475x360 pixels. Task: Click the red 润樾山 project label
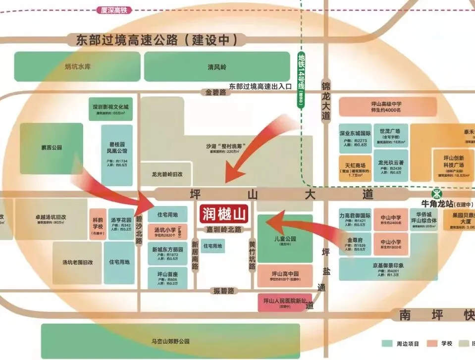pos(225,214)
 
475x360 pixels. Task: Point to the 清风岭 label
pos(217,67)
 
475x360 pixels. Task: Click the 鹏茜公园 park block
pos(51,148)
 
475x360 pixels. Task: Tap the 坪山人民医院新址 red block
pos(284,302)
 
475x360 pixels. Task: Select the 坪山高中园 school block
pos(285,276)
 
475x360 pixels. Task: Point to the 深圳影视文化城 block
pos(110,109)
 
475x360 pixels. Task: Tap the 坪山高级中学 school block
pos(388,107)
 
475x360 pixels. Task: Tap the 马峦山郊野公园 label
pos(171,341)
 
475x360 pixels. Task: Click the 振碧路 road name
pos(224,291)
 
